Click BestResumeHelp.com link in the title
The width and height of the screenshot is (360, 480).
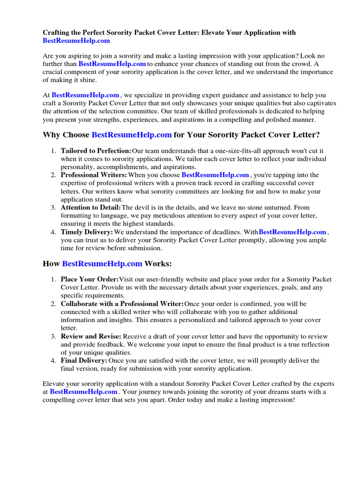(x=76, y=41)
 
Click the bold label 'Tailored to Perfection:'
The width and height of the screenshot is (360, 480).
(x=96, y=151)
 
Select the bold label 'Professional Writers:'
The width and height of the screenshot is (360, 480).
(x=94, y=175)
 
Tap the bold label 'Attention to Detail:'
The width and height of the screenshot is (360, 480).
(x=90, y=207)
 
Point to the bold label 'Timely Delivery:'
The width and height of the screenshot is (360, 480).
(x=87, y=232)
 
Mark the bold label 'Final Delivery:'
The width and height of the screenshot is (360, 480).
(x=84, y=360)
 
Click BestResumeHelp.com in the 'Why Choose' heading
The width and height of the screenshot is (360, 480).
(x=132, y=135)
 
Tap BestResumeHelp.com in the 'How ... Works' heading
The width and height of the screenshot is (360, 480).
(x=102, y=263)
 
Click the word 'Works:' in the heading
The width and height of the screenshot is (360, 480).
(x=158, y=263)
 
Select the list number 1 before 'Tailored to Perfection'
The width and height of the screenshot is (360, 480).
(x=53, y=151)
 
